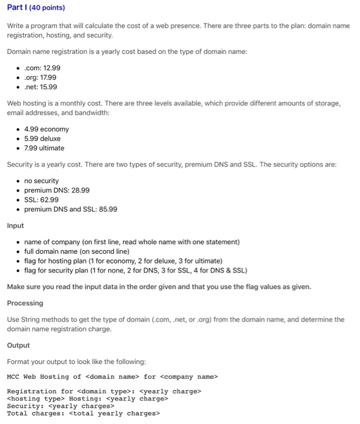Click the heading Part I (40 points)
click(x=36, y=8)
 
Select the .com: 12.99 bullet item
click(x=42, y=68)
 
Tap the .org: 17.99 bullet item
click(x=41, y=78)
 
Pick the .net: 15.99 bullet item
click(x=41, y=87)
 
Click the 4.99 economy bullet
click(x=46, y=129)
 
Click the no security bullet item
click(x=41, y=181)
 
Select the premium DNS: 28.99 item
click(x=56, y=190)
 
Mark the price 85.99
click(x=106, y=210)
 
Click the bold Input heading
click(x=15, y=225)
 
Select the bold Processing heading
click(x=25, y=303)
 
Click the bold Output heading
click(x=18, y=345)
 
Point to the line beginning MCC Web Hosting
click(x=112, y=377)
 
